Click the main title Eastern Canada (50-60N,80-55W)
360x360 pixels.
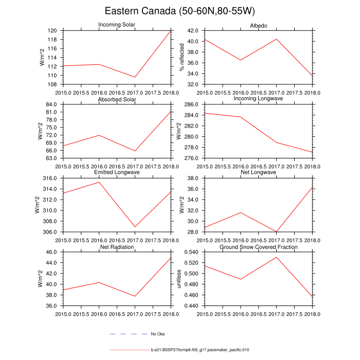[180, 11]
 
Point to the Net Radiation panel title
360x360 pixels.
[117, 247]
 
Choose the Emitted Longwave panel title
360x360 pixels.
[117, 173]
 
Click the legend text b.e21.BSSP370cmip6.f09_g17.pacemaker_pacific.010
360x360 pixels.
[200, 350]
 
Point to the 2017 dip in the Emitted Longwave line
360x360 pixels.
[135, 227]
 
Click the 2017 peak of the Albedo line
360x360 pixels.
[277, 39]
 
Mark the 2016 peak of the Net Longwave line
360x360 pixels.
[241, 212]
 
